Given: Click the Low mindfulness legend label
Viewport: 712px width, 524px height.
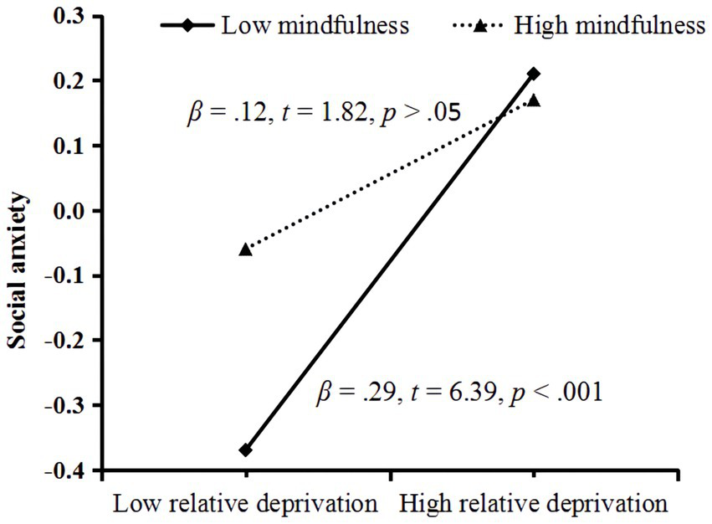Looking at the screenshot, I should click(x=315, y=25).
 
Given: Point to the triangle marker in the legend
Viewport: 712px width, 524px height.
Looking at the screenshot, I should click(x=480, y=26).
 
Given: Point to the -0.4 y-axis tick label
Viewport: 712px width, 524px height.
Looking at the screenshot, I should click(x=68, y=471).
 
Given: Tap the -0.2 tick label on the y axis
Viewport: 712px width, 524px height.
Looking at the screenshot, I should click(x=68, y=342).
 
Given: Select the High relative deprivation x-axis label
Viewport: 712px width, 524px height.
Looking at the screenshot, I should click(x=534, y=504).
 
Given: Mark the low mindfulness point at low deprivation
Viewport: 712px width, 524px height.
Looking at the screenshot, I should click(x=246, y=450).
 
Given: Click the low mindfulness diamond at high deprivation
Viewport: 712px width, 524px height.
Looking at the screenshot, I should click(x=534, y=74).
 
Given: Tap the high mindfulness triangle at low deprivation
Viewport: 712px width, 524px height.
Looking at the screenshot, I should click(x=246, y=249).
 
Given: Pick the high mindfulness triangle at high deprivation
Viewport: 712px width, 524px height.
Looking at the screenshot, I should click(x=534, y=100).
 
